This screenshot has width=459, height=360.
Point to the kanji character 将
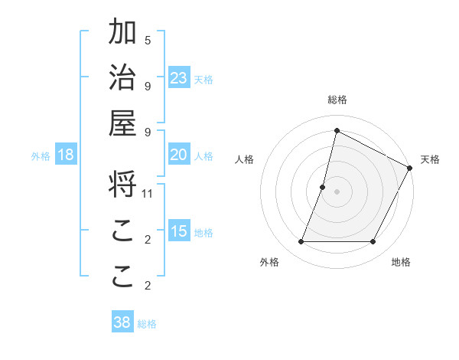coord(122,185)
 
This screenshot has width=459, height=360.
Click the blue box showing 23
coord(179,77)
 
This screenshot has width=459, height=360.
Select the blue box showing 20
coord(179,155)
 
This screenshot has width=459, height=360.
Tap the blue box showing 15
coord(179,231)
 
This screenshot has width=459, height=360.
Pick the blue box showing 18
coord(66,155)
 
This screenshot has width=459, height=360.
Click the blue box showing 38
coord(122,322)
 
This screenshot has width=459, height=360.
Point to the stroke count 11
coord(148,194)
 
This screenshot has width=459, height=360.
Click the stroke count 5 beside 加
coord(148,40)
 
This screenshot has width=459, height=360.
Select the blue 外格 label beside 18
coord(41,156)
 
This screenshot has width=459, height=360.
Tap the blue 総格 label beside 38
coord(147,324)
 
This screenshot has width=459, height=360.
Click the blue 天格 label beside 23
coord(203,79)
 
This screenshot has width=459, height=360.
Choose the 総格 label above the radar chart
coord(337,100)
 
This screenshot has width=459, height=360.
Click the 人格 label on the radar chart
coord(245,159)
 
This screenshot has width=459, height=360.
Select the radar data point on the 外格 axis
coord(301,242)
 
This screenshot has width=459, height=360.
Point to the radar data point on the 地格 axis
coord(373,242)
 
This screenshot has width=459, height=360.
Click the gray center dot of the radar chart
coord(337,191)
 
